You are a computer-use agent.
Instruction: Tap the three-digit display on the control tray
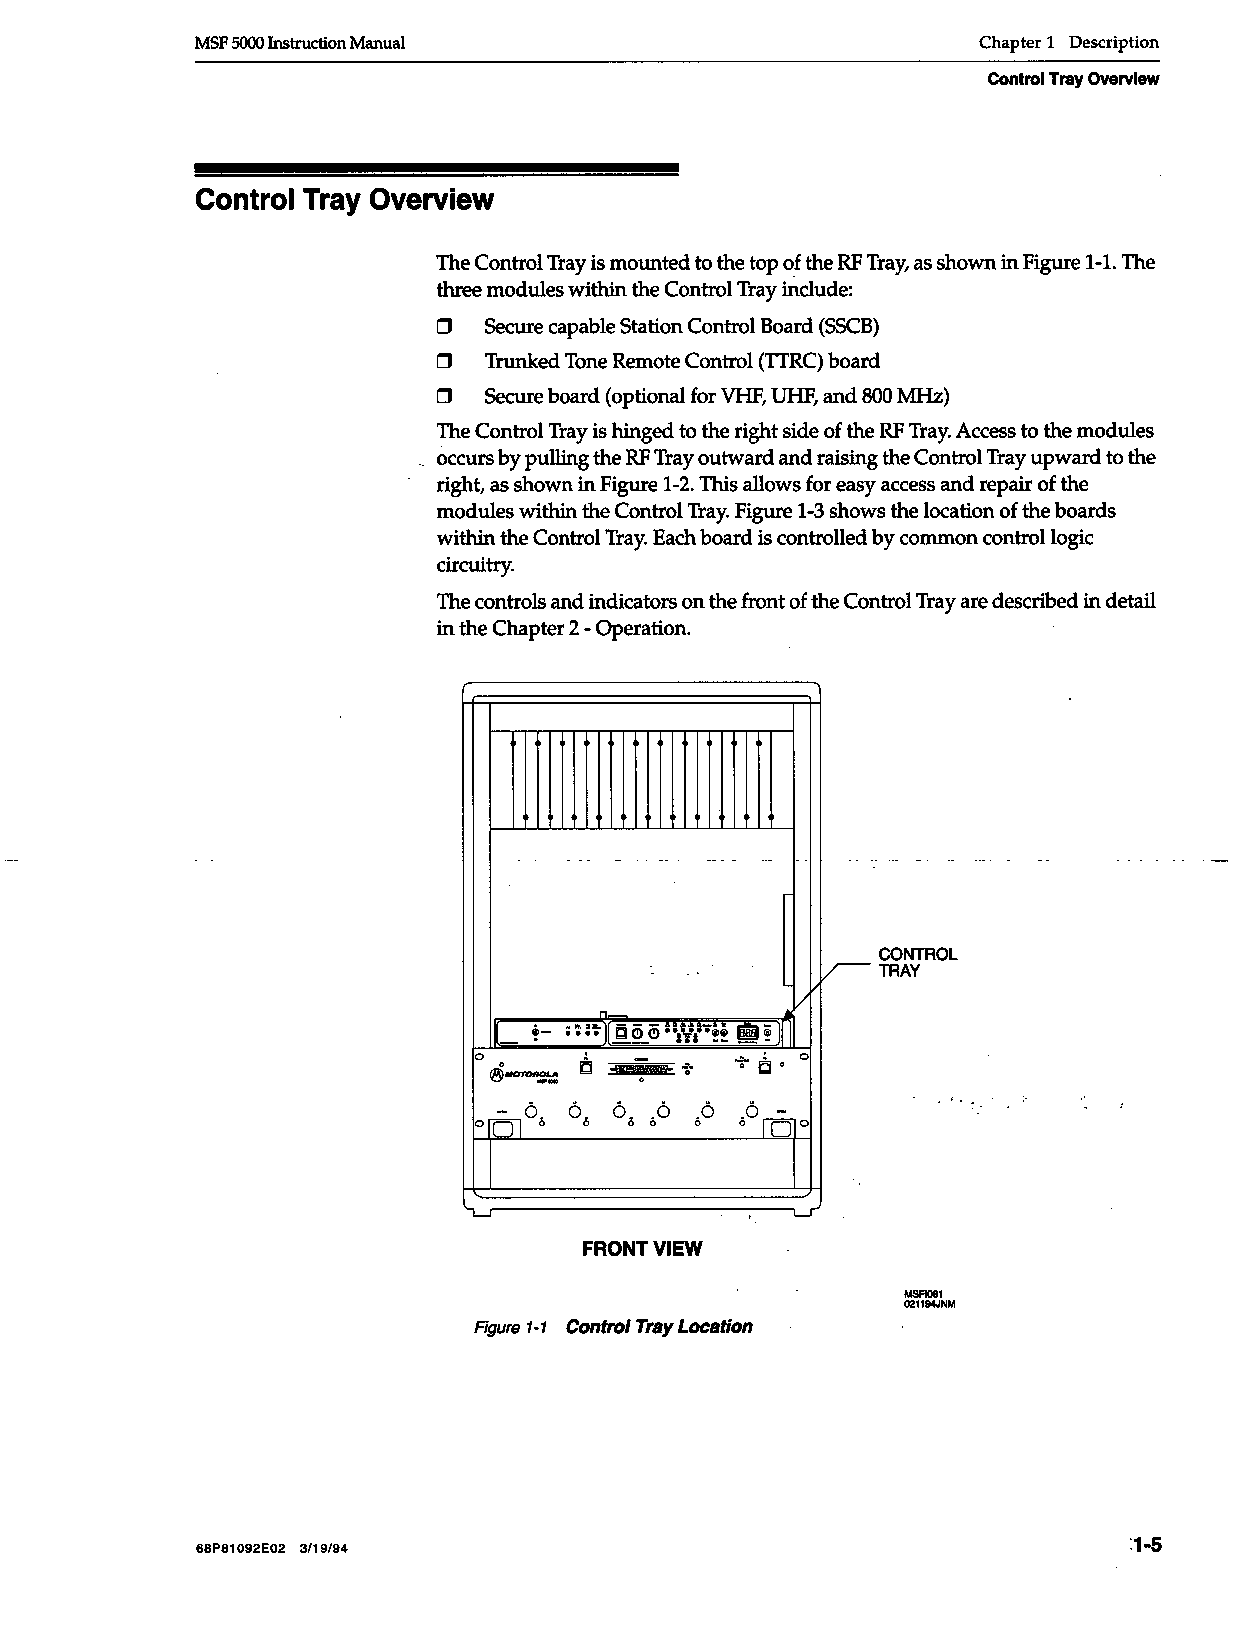tap(747, 1033)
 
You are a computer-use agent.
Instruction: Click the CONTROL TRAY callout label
tap(917, 962)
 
